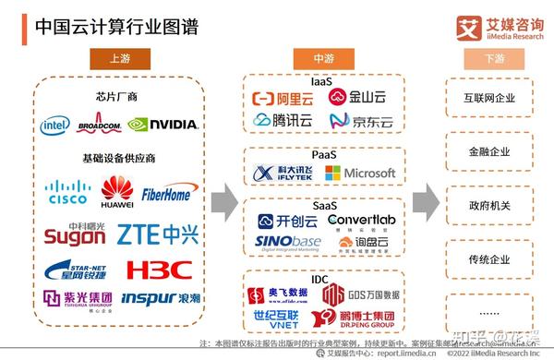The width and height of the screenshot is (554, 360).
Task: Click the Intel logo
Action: (x=54, y=125)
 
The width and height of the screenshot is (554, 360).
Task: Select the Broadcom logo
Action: (x=99, y=125)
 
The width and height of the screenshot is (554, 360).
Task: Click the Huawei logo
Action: (x=116, y=190)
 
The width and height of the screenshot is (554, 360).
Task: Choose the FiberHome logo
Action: (x=166, y=195)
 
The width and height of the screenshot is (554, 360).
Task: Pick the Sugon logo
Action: (x=74, y=234)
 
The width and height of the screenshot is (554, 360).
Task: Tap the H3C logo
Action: (x=159, y=270)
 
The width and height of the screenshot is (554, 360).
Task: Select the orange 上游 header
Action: (x=119, y=57)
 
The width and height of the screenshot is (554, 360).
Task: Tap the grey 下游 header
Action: (x=494, y=57)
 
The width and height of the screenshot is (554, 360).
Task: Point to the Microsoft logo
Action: (x=360, y=173)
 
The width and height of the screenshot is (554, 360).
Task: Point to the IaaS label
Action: (x=321, y=81)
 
